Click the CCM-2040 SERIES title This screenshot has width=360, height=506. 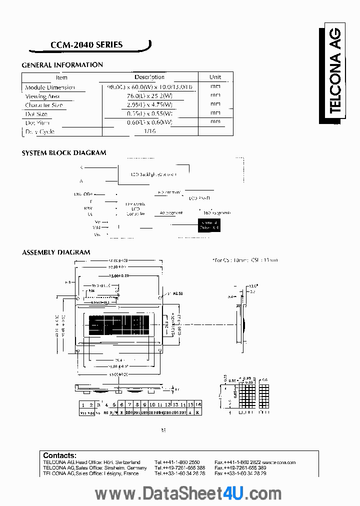tap(86, 45)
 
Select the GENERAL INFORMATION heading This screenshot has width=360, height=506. tap(62, 65)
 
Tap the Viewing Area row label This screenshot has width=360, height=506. tap(42, 96)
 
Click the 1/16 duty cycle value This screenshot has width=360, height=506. tap(149, 131)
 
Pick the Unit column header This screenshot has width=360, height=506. tap(215, 77)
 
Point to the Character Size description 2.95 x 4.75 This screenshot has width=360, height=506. tap(149, 105)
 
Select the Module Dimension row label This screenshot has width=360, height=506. tap(50, 87)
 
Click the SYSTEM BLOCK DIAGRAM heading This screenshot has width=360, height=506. tap(64, 153)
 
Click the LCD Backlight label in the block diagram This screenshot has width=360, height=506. tap(154, 174)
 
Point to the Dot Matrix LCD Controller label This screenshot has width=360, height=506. tap(135, 209)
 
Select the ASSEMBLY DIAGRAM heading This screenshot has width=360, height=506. tap(56, 252)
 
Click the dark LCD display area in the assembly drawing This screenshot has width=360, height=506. tap(118, 325)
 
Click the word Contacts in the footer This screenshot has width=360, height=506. tap(59, 455)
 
